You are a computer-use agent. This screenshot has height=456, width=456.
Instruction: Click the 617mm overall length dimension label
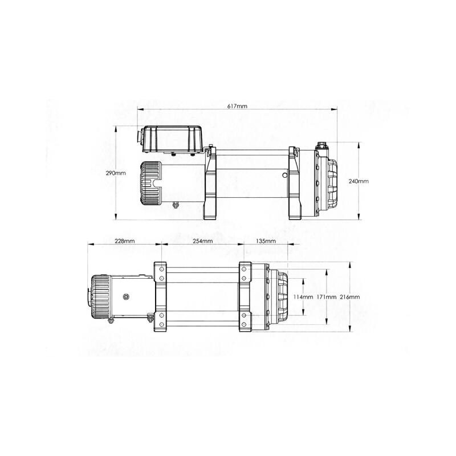pyautogui.click(x=238, y=107)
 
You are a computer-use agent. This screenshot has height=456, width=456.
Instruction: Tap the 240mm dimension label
pyautogui.click(x=360, y=181)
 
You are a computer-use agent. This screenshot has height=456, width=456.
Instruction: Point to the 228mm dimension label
pyautogui.click(x=125, y=241)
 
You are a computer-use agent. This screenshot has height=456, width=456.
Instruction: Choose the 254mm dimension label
pyautogui.click(x=202, y=241)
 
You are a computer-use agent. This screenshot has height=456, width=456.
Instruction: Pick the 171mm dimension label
pyautogui.click(x=326, y=297)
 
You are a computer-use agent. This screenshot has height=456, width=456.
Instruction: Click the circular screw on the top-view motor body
pyautogui.click(x=127, y=296)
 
